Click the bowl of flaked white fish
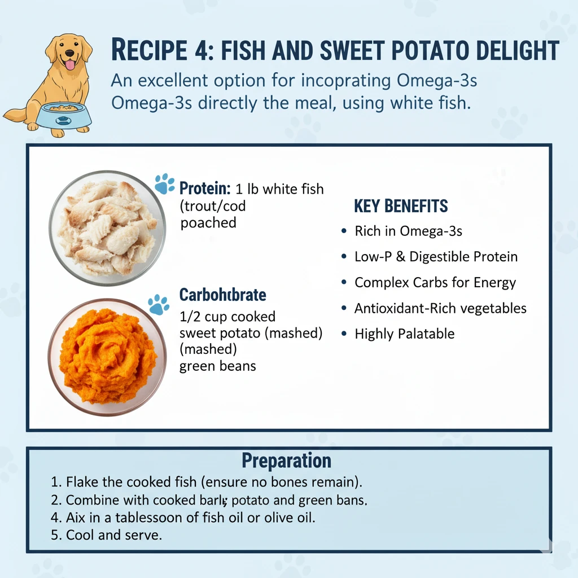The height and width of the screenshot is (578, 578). coord(107,227)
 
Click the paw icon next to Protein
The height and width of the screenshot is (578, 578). coord(164,184)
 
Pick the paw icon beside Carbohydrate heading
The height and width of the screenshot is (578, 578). coord(159,305)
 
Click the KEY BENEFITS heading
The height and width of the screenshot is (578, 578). coord(401,206)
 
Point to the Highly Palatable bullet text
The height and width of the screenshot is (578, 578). coord(404,334)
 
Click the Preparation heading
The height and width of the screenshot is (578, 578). coord(286,461)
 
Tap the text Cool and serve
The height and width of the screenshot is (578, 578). coord(114,535)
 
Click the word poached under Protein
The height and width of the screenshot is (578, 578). coord(208,223)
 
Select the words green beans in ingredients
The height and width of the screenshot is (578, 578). coord(217,366)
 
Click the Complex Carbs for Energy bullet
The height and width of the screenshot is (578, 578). coord(435,282)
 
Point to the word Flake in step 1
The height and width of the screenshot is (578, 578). coord(81,482)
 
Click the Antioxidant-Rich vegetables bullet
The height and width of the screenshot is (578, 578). coord(440,308)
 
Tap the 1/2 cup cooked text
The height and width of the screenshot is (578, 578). coord(227,317)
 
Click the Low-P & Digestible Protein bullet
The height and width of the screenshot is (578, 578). coord(436,257)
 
